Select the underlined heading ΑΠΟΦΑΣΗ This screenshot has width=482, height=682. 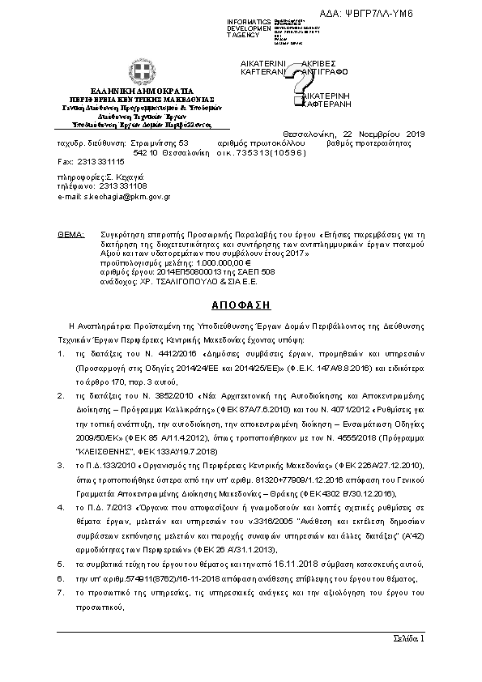(240, 306)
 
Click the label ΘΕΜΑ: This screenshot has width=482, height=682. (71, 233)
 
